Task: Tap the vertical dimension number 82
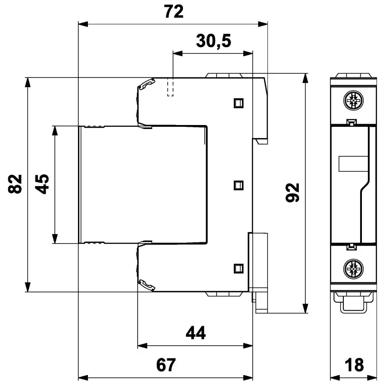[x=15, y=183]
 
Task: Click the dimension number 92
[x=294, y=192]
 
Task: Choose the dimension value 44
[x=196, y=333]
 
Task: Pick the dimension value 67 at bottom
[x=166, y=365]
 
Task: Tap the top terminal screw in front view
[x=353, y=100]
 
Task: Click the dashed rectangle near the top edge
[x=171, y=87]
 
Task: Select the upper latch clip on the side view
[x=147, y=84]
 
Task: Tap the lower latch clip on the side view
[x=147, y=285]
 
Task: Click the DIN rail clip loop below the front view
[x=353, y=304]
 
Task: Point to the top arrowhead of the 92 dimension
[x=306, y=79]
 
